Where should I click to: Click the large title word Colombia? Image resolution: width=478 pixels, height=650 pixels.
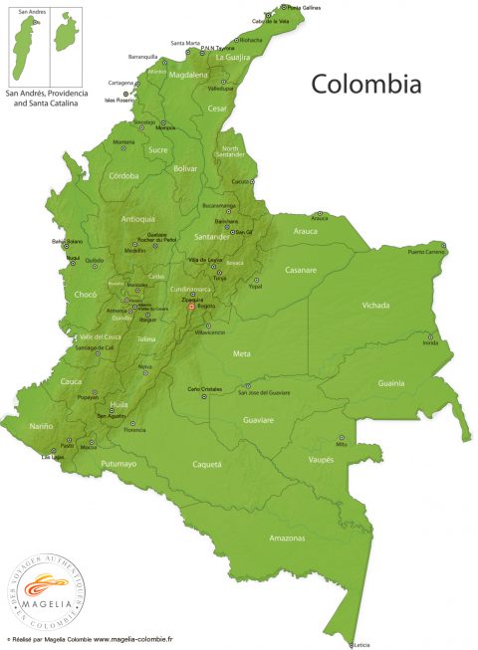pyautogui.click(x=365, y=84)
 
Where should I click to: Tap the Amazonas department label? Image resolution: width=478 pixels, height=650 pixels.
pyautogui.click(x=288, y=539)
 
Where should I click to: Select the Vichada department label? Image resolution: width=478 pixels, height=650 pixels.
pyautogui.click(x=375, y=305)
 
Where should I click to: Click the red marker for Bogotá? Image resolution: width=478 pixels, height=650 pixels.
pyautogui.click(x=191, y=307)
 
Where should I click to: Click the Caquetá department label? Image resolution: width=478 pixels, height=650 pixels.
pyautogui.click(x=206, y=464)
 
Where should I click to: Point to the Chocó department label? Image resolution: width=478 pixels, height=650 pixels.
pyautogui.click(x=86, y=295)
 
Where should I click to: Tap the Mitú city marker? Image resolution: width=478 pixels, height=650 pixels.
pyautogui.click(x=342, y=437)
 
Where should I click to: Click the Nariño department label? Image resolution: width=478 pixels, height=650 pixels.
pyautogui.click(x=42, y=426)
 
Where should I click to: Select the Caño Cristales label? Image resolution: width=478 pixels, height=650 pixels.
pyautogui.click(x=206, y=388)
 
